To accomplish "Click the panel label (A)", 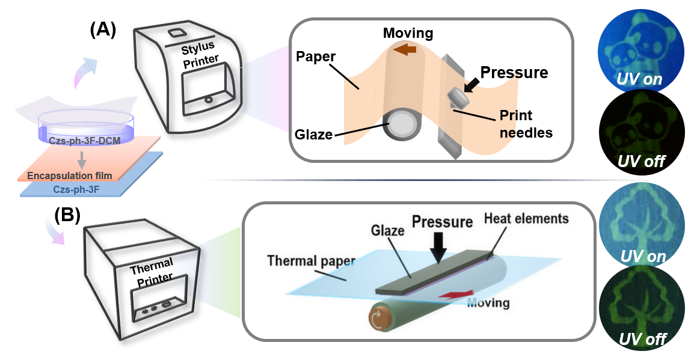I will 103,30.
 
